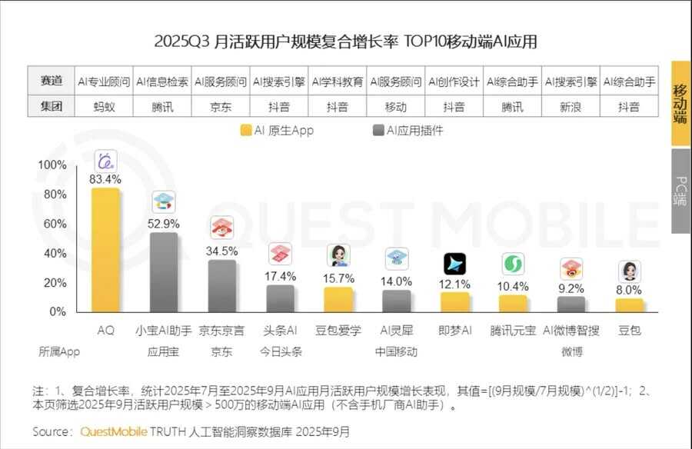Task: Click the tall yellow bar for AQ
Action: tap(105, 250)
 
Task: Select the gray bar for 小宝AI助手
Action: tap(164, 272)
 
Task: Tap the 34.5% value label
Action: tap(222, 251)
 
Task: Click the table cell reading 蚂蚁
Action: tap(104, 107)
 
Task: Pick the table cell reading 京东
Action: tap(221, 107)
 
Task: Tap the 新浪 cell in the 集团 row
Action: tap(571, 107)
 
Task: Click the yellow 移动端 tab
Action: tap(680, 103)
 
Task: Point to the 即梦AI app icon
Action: tap(454, 264)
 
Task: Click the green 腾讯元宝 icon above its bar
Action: tap(513, 264)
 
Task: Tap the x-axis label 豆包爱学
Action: tap(338, 331)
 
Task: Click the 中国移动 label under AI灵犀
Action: tap(396, 351)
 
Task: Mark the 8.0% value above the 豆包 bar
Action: tap(629, 290)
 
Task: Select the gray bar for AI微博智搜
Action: tap(571, 304)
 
